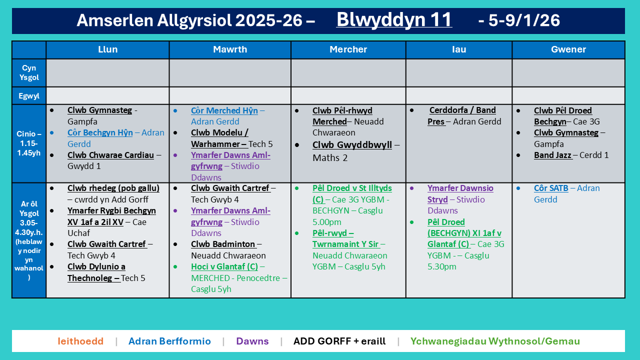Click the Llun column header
pyautogui.click(x=107, y=49)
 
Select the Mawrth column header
pyautogui.click(x=230, y=49)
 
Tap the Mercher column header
pyautogui.click(x=348, y=49)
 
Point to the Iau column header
pyautogui.click(x=458, y=49)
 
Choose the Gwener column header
pyautogui.click(x=568, y=49)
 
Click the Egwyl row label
pyautogui.click(x=29, y=95)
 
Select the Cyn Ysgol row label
pyautogui.click(x=29, y=73)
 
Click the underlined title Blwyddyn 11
pyautogui.click(x=394, y=20)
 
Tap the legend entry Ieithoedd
pyautogui.click(x=80, y=341)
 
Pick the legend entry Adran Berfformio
pyautogui.click(x=169, y=341)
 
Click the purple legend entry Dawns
pyautogui.click(x=252, y=341)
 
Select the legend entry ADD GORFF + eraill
pyautogui.click(x=339, y=341)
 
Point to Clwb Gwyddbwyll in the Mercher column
pyautogui.click(x=352, y=145)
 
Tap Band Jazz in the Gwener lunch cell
pyautogui.click(x=552, y=155)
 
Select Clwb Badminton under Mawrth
pyautogui.click(x=223, y=244)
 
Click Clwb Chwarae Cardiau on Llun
pyautogui.click(x=110, y=155)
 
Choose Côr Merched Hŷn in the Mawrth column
pyautogui.click(x=224, y=110)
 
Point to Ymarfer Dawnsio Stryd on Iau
pyautogui.click(x=460, y=194)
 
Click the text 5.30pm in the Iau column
pyautogui.click(x=442, y=266)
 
